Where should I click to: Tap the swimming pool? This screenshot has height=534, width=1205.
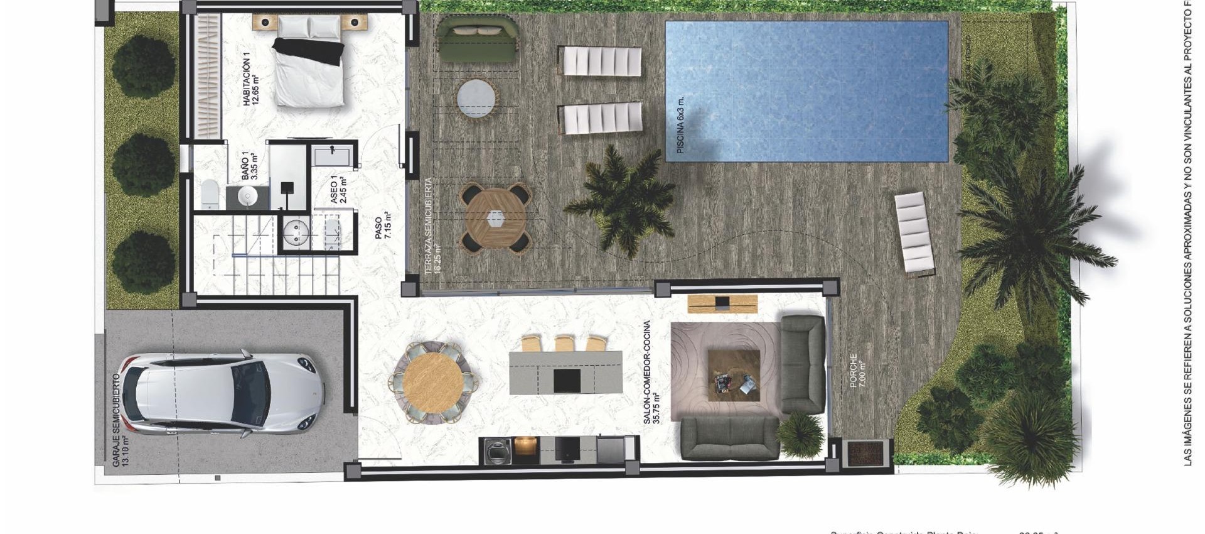coord(806,91)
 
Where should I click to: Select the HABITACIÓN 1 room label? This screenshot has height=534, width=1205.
coord(251,80)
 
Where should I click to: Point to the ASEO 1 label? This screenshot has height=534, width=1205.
coord(338,189)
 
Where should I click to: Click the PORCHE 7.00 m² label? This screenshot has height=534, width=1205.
coord(857,371)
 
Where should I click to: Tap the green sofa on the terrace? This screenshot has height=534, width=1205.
coord(477,39)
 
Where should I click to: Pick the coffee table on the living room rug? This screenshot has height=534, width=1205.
coord(734,375)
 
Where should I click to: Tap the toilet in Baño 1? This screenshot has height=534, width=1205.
coord(209,194)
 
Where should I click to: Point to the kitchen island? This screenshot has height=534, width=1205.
coord(565,373)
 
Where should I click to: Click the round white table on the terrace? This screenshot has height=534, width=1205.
coord(476,98)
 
